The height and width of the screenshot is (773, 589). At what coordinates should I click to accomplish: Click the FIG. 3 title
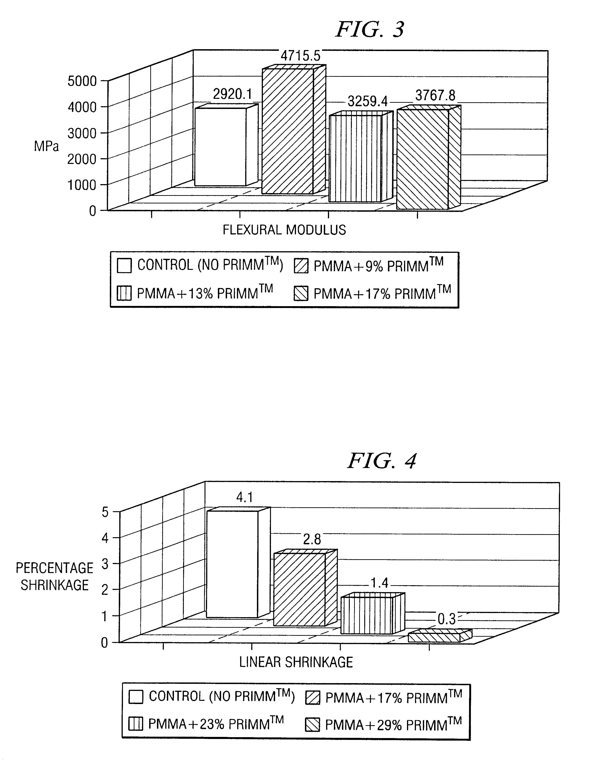370,29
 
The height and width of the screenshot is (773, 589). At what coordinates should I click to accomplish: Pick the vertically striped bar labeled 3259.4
356,158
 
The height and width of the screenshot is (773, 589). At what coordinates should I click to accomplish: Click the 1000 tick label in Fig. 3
82,185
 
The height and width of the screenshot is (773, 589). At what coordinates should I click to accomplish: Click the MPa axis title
46,146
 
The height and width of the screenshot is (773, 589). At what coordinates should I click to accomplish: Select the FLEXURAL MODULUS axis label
284,230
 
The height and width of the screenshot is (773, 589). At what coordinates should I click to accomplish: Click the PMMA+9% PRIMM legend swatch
301,266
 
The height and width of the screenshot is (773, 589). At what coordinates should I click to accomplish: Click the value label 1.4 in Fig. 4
379,583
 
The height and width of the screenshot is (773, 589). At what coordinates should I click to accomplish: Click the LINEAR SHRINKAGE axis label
296,662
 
